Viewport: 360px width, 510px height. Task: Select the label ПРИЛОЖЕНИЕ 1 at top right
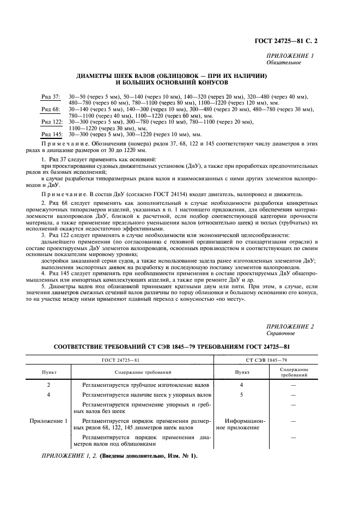pyautogui.click(x=290, y=57)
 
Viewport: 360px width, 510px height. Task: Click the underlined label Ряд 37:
pyautogui.click(x=51, y=96)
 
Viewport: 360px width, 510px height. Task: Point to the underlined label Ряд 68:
pyautogui.click(x=51, y=109)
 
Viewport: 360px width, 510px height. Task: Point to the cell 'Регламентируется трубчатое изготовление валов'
pyautogui.click(x=145, y=385)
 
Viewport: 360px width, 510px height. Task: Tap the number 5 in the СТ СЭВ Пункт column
pyautogui.click(x=241, y=394)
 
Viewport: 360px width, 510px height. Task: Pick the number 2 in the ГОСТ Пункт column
pyautogui.click(x=48, y=385)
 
